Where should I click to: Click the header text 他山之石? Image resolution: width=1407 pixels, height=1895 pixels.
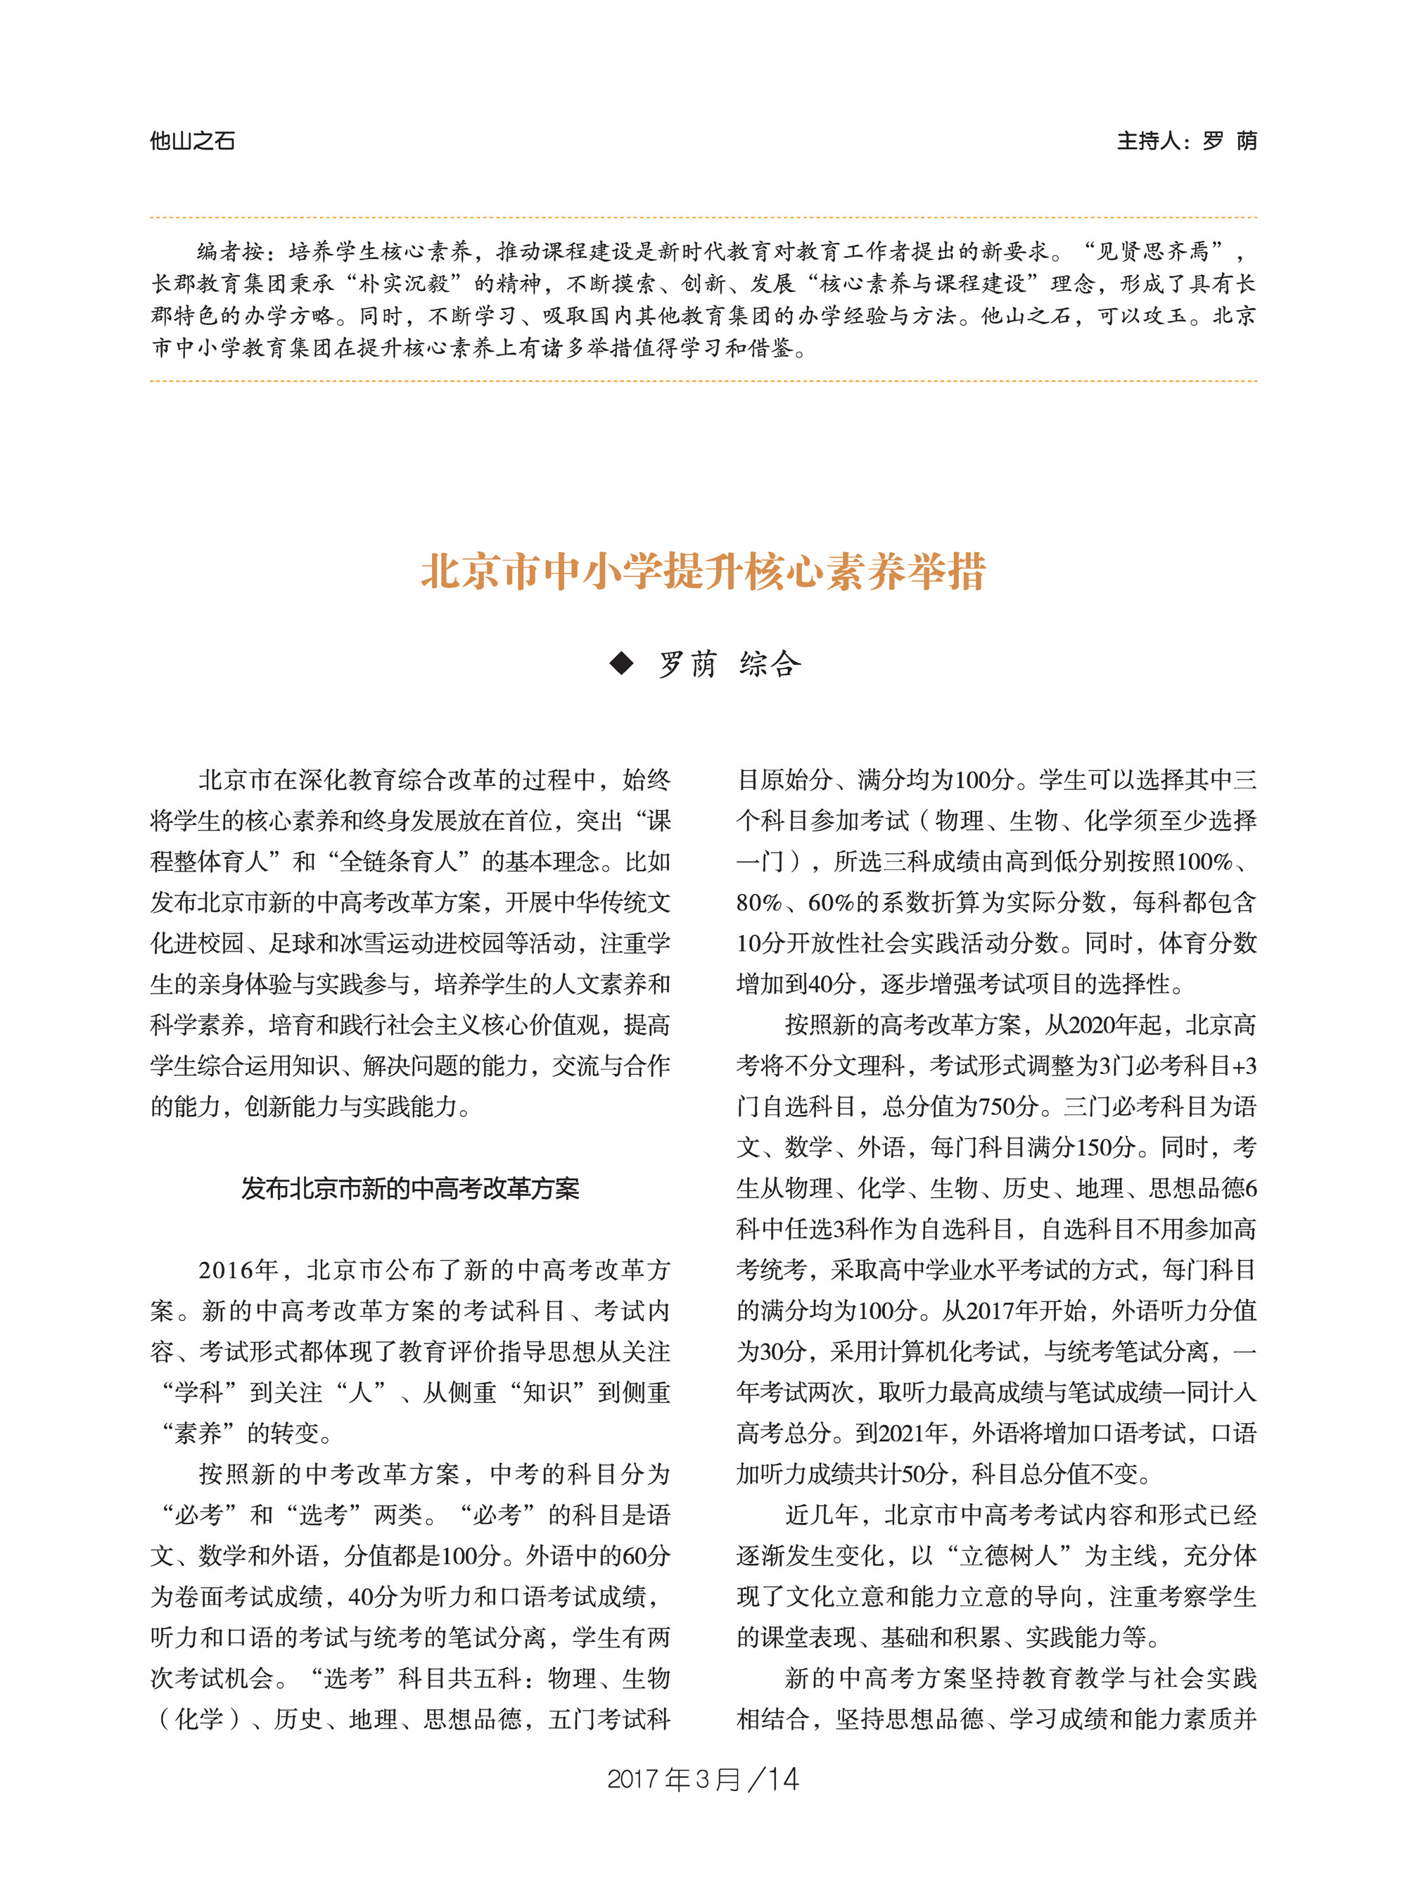coord(193,141)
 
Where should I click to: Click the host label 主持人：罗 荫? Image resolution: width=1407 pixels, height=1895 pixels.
coord(1185,141)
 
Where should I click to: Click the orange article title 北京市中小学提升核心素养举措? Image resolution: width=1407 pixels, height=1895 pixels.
coord(703,571)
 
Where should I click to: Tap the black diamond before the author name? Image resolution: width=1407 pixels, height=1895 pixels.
coord(622,663)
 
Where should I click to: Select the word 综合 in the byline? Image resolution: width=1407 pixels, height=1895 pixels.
coord(770,664)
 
